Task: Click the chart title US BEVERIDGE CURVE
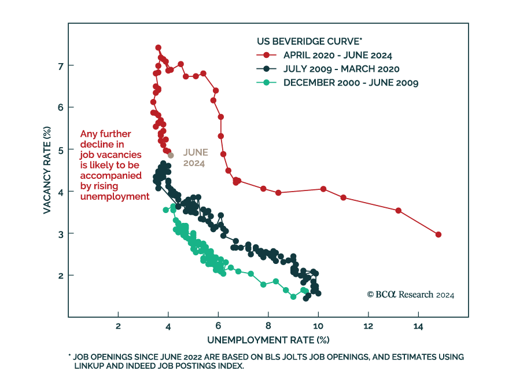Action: point(309,41)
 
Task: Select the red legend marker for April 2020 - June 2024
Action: point(266,56)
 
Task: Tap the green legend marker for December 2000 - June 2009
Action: point(266,83)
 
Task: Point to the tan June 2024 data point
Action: point(171,155)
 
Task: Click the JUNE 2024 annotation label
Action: point(194,157)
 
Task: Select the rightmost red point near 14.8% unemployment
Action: point(438,234)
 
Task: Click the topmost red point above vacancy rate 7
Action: point(158,47)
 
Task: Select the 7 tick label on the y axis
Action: point(60,65)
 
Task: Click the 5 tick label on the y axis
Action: point(60,149)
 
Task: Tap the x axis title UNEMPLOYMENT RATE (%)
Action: point(268,339)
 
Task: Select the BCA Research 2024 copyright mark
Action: point(410,295)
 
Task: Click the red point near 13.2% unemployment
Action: point(398,210)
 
